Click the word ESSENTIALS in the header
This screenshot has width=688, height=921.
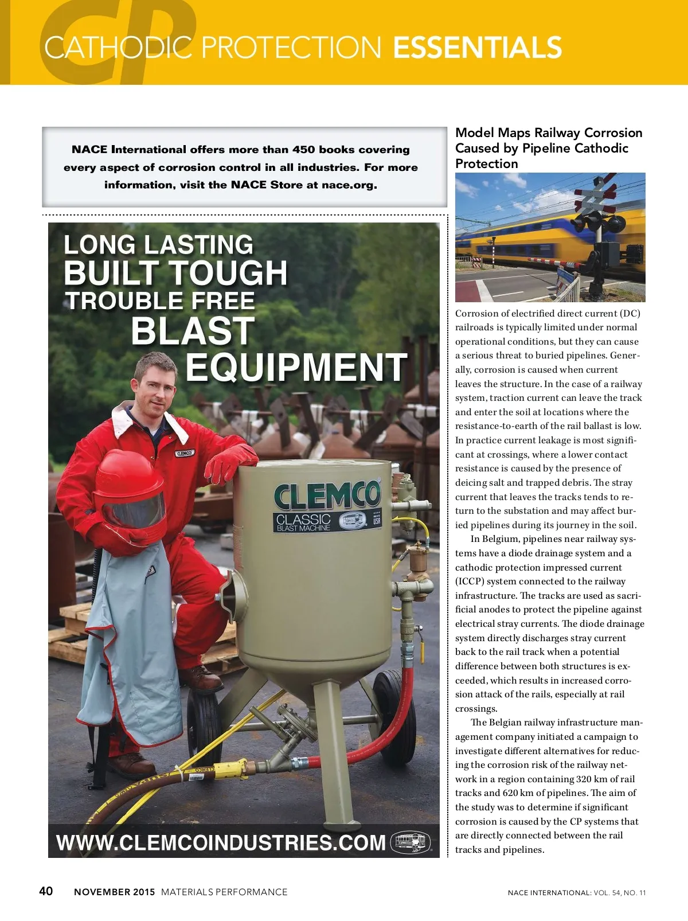(x=477, y=48)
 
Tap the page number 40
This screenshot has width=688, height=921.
(x=46, y=891)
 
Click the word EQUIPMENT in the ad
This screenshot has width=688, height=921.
(x=296, y=368)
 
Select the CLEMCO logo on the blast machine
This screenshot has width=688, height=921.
(x=327, y=495)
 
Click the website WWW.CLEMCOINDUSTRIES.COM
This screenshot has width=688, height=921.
(x=221, y=842)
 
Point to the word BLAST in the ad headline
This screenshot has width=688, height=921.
(x=193, y=331)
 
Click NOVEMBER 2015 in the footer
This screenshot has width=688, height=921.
(x=114, y=892)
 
